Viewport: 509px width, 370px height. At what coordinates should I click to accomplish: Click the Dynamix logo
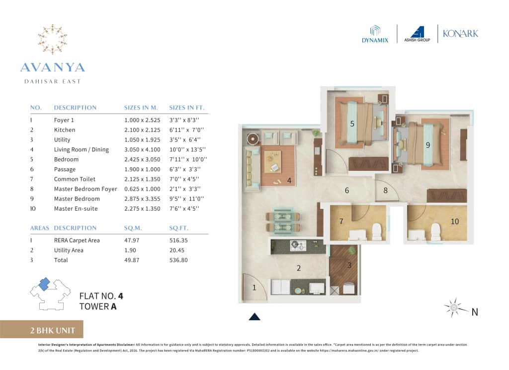pos(375,33)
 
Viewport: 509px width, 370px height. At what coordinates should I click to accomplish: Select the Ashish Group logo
pos(418,33)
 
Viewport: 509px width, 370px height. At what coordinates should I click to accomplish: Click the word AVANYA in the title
pos(53,67)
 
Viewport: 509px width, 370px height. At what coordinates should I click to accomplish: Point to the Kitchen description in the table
pos(65,130)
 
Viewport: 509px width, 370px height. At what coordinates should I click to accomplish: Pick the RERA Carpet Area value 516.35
pos(178,240)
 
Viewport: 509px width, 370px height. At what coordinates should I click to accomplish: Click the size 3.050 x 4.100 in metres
pos(142,149)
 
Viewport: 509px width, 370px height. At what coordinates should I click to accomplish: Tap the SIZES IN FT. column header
pos(186,108)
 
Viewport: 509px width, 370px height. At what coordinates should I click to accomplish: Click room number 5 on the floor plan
pos(352,124)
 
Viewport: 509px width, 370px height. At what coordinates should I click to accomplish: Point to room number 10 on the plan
pos(454,222)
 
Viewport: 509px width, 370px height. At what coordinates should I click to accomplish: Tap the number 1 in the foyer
pos(254,287)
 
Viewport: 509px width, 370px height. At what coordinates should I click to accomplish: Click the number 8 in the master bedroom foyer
pos(385,190)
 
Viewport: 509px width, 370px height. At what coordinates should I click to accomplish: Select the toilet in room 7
pos(376,230)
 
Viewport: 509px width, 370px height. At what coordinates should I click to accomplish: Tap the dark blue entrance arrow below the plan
pos(254,316)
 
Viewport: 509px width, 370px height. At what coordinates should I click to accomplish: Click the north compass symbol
pos(454,308)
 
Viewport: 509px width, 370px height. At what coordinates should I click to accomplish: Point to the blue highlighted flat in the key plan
pos(44,283)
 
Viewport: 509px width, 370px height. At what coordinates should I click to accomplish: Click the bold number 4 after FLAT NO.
pos(120,296)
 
